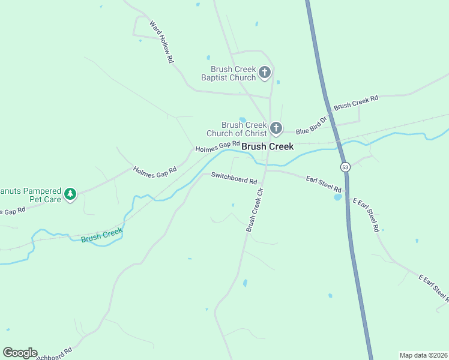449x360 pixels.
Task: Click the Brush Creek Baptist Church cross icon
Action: click(265, 73)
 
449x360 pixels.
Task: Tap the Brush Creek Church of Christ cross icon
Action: click(276, 128)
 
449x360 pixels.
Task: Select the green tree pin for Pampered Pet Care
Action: click(71, 194)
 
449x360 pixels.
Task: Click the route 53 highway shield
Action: click(345, 167)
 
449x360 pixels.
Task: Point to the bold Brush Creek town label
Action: click(267, 146)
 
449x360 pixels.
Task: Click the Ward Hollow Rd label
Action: click(161, 43)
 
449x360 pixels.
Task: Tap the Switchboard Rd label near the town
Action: click(234, 178)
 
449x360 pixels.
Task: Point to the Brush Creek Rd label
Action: click(356, 102)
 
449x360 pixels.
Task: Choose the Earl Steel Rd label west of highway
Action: click(324, 183)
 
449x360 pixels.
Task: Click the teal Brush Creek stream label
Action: click(101, 235)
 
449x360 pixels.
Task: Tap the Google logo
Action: click(20, 353)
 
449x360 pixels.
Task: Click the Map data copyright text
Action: click(423, 355)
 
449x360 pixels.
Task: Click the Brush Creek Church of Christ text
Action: click(236, 129)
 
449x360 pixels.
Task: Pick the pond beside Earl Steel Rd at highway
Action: click(338, 197)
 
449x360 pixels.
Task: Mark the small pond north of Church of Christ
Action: click(243, 119)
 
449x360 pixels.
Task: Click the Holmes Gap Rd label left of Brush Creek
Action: click(217, 146)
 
